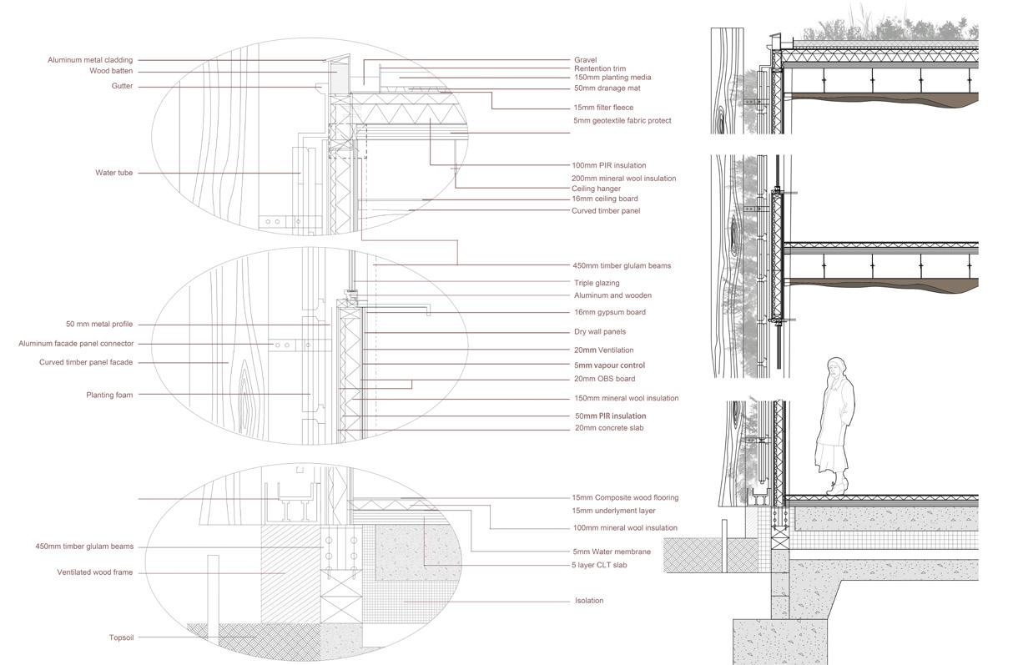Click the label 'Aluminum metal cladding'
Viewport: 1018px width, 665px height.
coord(90,60)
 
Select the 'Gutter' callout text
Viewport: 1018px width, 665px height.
coord(123,87)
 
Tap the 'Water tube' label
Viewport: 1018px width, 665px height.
coord(113,174)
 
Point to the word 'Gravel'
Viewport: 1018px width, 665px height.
coord(585,60)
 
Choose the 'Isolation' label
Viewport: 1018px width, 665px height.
coord(589,601)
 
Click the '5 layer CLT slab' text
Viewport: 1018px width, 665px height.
coord(599,565)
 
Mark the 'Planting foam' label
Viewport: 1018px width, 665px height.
coord(109,395)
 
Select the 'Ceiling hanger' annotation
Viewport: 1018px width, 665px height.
coord(596,189)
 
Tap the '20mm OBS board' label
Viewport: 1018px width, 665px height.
coord(604,379)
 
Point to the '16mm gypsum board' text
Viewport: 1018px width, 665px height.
coord(609,312)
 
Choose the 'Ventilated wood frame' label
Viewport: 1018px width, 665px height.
coord(95,573)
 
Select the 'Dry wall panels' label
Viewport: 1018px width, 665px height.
coord(600,332)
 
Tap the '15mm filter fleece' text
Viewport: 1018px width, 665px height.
coord(603,108)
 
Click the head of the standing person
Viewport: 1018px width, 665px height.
coord(837,369)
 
